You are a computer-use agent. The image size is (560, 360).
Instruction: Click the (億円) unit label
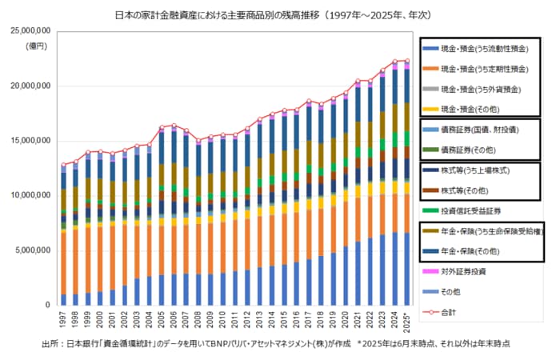pos(38,46)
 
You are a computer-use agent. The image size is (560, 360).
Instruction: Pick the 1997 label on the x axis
pos(63,322)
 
